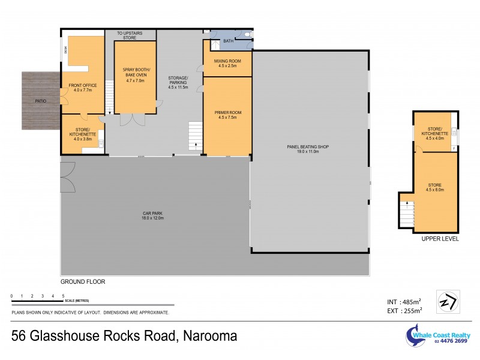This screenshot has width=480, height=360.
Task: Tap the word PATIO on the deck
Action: [x=40, y=101]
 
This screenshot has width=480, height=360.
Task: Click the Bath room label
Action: [x=228, y=41]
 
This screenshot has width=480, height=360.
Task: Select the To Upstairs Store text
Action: [x=130, y=36]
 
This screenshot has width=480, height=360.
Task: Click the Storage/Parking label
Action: [x=178, y=83]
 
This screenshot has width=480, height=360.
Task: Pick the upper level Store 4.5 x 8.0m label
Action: [x=436, y=188]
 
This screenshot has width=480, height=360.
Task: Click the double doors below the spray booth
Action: [x=132, y=119]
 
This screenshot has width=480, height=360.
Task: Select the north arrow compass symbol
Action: [x=449, y=301]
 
